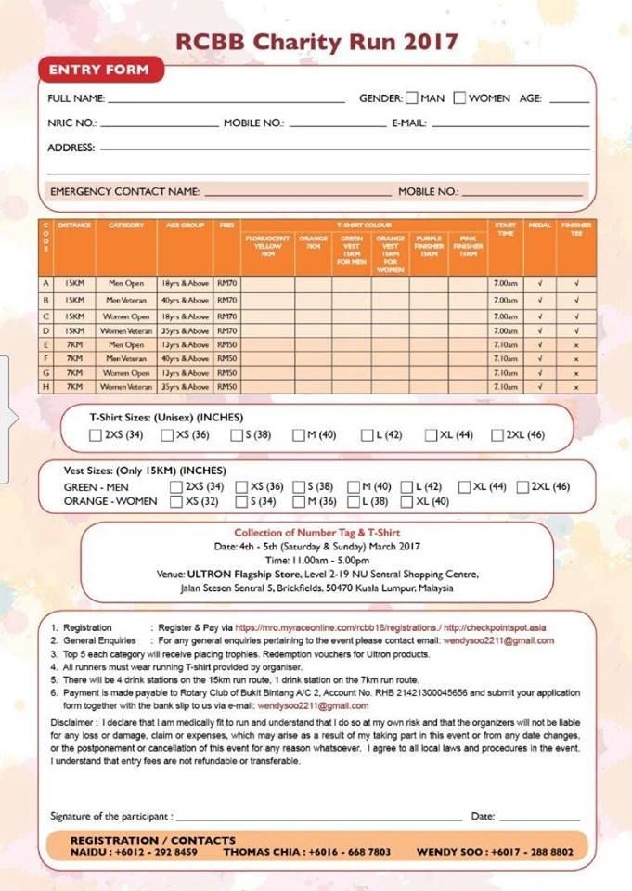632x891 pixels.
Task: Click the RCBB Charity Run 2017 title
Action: (316, 42)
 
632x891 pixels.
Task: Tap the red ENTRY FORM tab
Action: (100, 71)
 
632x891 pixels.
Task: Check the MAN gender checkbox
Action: (412, 97)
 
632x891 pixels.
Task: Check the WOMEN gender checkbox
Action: (459, 97)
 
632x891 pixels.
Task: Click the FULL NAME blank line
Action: (226, 100)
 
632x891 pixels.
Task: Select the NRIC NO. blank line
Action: (159, 124)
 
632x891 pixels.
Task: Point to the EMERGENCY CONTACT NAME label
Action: (124, 191)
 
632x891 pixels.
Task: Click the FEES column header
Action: (226, 226)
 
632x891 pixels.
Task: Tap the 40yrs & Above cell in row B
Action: (185, 301)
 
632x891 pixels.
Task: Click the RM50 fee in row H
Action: (226, 386)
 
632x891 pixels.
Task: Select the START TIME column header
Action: (505, 229)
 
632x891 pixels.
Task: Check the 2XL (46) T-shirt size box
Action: (497, 435)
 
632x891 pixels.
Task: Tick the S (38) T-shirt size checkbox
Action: (237, 435)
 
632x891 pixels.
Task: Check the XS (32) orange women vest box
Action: (176, 501)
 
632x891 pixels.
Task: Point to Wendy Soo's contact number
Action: (530, 852)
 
